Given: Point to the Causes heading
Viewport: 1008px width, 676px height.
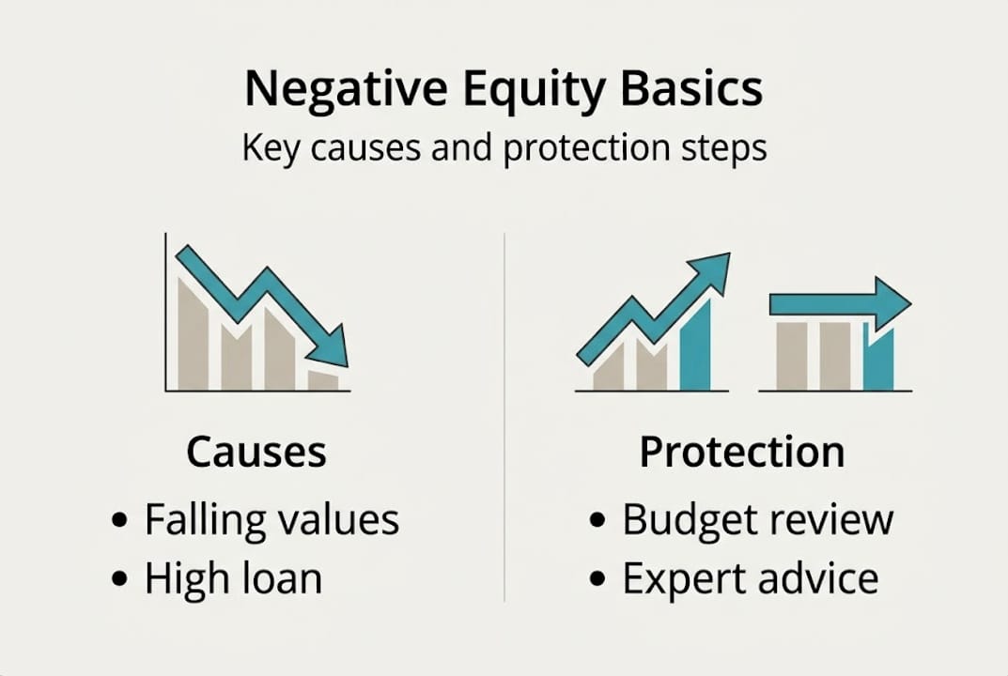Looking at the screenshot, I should pos(256,453).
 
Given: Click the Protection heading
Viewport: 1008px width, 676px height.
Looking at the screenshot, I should pos(741,453).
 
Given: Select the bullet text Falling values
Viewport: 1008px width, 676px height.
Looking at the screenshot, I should pos(271,519).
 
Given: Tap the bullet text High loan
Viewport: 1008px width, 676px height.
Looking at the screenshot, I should pos(233,579).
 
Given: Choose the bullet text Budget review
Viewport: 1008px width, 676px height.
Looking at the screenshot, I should pos(757,519).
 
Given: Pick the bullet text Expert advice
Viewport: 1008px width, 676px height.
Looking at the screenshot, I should pos(750,579).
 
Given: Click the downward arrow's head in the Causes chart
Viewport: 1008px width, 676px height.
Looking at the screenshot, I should pos(331,347).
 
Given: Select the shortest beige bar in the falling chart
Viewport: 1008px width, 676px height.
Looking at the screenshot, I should pos(323,381).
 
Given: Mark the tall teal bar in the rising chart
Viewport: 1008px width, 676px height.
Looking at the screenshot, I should pos(695,347).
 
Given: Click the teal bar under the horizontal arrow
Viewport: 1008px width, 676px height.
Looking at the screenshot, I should pos(879,361).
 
